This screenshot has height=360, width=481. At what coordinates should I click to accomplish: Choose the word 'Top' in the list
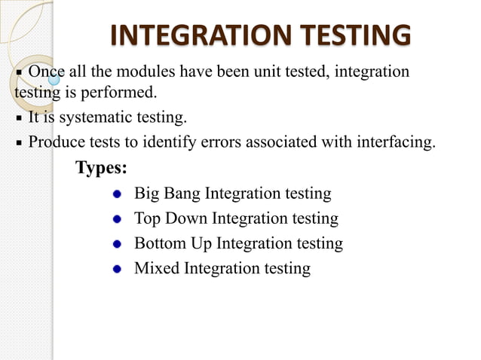pyautogui.click(x=147, y=218)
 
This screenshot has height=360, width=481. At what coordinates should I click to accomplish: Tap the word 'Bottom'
pyautogui.click(x=160, y=243)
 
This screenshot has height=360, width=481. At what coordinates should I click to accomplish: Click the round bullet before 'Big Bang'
pyautogui.click(x=117, y=194)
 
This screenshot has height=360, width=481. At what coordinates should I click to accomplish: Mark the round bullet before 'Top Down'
pyautogui.click(x=117, y=219)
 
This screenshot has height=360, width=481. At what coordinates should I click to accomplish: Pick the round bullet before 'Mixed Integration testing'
pyautogui.click(x=117, y=269)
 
